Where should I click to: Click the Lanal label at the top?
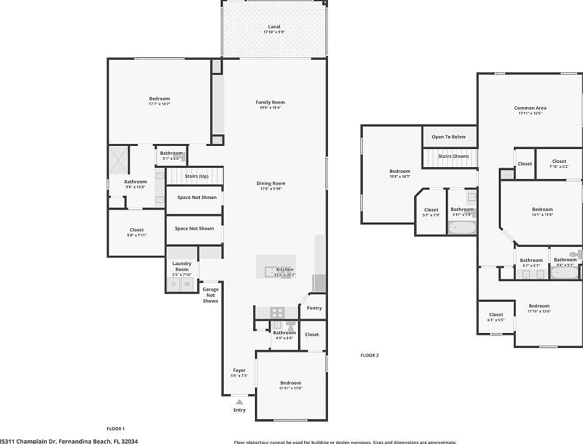[274, 27]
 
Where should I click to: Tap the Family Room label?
[270, 102]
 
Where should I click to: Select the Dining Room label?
[271, 183]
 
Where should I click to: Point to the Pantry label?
[314, 308]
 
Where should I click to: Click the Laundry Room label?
[181, 266]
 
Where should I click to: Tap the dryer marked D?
[173, 284]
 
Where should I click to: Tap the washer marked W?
[186, 284]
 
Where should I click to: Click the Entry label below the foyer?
[239, 410]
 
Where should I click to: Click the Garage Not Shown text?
[210, 295]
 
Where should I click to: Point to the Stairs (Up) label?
[196, 176]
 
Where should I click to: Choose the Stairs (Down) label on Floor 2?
[453, 156]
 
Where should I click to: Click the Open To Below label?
[449, 137]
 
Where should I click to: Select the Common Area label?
[530, 108]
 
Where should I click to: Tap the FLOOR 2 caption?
[369, 355]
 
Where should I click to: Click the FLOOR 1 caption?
[116, 428]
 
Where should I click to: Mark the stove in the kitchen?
[277, 312]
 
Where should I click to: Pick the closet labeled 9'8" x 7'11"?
[137, 232]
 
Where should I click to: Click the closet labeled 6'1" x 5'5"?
[496, 317]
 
